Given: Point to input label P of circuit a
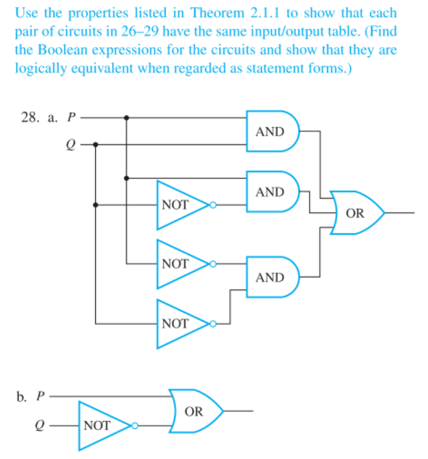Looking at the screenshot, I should coord(71,117).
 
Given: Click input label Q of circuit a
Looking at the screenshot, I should coord(71,143).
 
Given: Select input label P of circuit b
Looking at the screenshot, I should coord(41,397).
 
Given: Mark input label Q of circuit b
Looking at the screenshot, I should coord(41,425).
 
